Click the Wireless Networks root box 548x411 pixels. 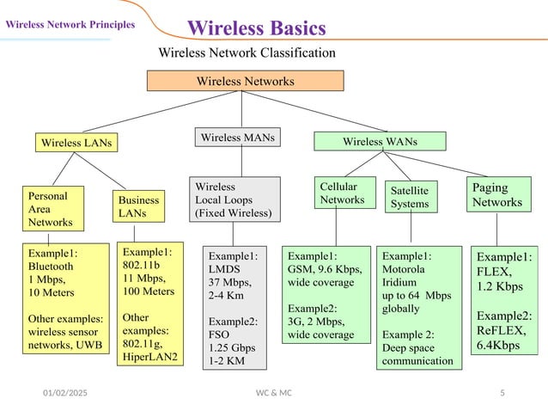(245, 81)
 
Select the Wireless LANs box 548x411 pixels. (76, 142)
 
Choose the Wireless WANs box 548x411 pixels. (380, 141)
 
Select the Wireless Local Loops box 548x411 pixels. (234, 199)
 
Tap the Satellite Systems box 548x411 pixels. (410, 197)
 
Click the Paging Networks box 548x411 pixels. (497, 195)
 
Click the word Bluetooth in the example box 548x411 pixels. (51, 267)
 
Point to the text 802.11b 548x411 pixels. (142, 266)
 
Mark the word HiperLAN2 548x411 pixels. (152, 355)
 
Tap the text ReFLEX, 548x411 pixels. (500, 330)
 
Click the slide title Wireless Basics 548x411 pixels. (256, 28)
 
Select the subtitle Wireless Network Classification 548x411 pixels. (247, 53)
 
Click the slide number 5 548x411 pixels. (502, 392)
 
